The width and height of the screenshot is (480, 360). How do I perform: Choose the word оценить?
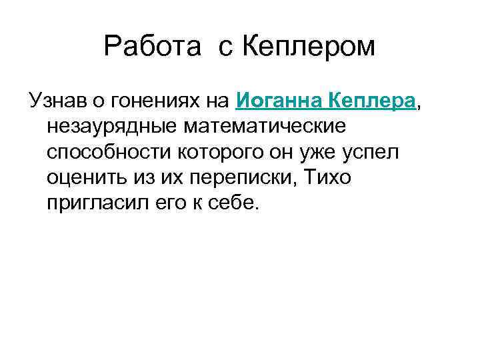pos(87,178)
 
